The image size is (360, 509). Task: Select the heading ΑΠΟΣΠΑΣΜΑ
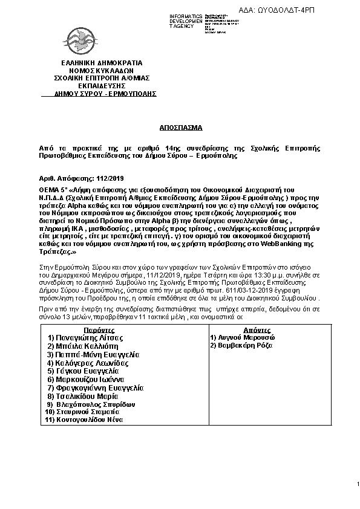coord(179,129)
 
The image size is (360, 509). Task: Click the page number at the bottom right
coord(358,483)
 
